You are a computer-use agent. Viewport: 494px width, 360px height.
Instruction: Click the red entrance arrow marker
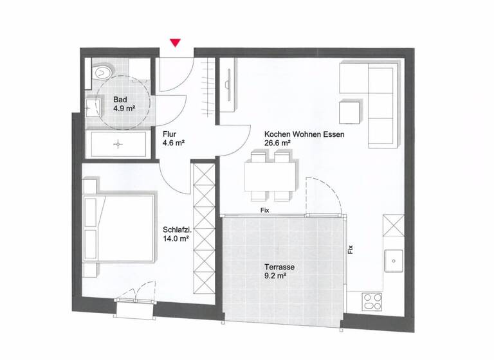[175, 43]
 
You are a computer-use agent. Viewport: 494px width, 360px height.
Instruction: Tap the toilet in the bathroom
[101, 73]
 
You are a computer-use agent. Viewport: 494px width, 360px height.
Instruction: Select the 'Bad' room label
[120, 100]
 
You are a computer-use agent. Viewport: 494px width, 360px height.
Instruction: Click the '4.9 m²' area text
[125, 109]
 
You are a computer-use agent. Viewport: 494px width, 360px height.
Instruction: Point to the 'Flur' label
[170, 134]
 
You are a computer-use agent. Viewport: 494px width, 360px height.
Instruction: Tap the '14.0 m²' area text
[176, 238]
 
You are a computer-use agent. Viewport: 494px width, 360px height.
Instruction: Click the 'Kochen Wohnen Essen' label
[304, 135]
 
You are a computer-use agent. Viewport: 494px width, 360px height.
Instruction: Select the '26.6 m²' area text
[277, 144]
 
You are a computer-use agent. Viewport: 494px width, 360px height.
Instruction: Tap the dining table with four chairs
[270, 175]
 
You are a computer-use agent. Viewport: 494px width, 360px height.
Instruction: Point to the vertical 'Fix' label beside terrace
[351, 249]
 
